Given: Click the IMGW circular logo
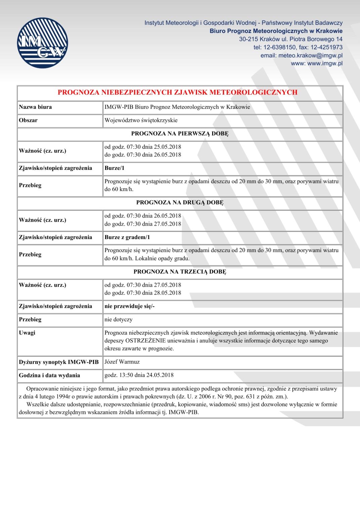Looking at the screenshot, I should (42, 43).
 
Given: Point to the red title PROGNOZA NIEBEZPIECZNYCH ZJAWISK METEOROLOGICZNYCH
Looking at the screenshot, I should (177, 92).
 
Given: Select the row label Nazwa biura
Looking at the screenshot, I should (35, 107).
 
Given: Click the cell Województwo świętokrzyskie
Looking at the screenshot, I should (141, 120).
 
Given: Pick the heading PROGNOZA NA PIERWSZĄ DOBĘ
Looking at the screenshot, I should (180, 134).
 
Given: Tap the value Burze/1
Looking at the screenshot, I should (115, 168).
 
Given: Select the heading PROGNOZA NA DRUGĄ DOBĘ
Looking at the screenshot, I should (180, 202).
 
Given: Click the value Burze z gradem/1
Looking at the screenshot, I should (127, 237).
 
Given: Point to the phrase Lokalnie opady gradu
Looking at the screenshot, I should (162, 259).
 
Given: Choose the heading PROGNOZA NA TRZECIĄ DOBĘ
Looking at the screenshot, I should (180, 272).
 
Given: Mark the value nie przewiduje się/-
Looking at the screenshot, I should (130, 306).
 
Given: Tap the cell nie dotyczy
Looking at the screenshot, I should (119, 319).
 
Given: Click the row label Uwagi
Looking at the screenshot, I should (27, 333).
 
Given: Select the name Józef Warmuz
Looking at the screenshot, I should (122, 362).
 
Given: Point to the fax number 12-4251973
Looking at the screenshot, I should (326, 47).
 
